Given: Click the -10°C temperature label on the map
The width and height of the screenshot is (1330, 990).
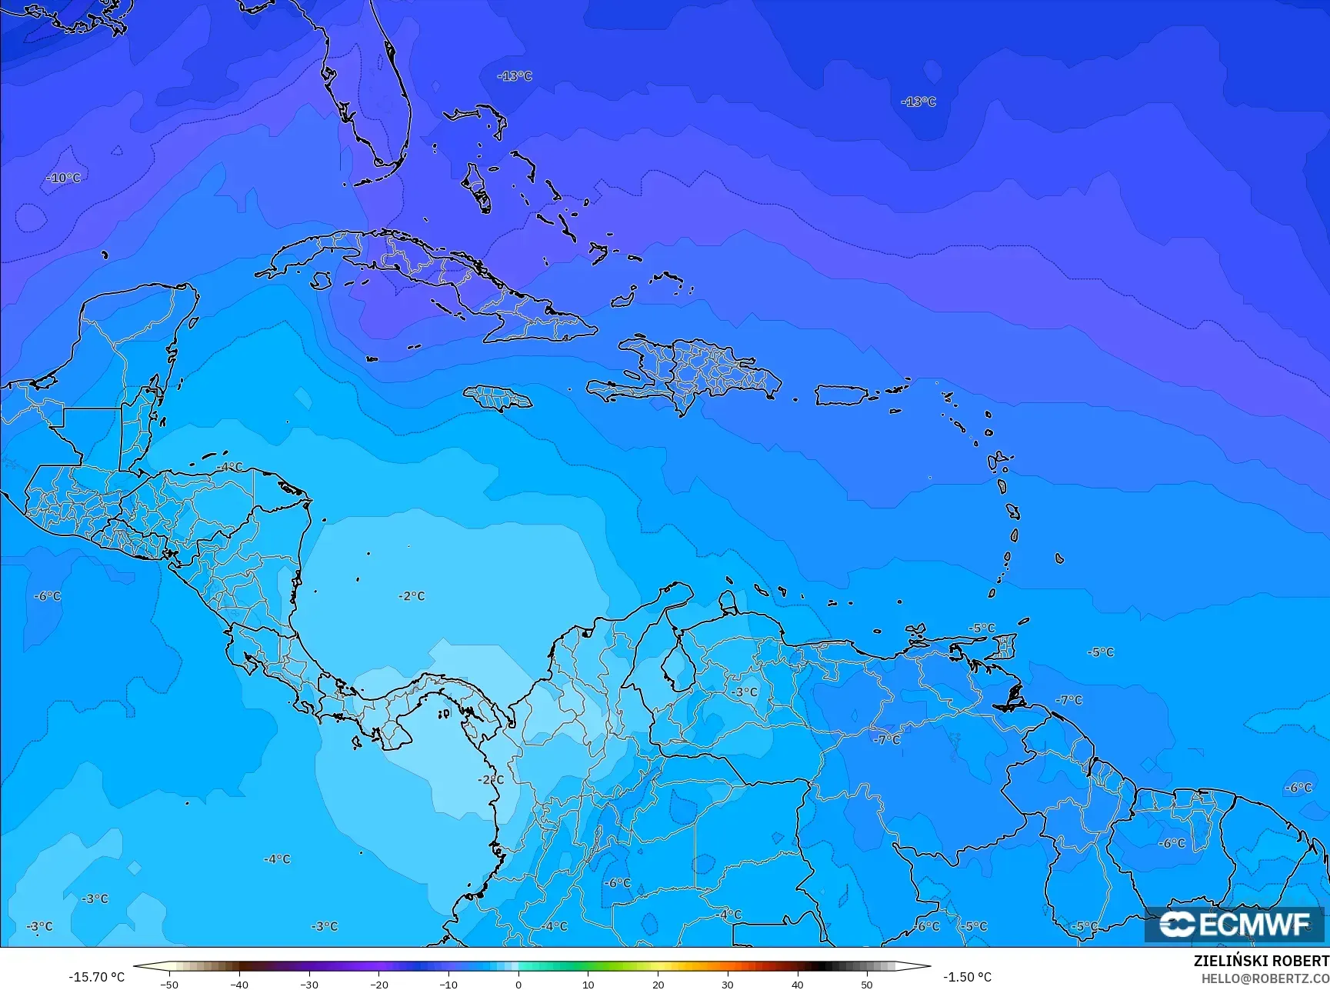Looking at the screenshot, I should click(x=63, y=178).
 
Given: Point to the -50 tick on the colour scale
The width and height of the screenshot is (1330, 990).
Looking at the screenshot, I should click(x=169, y=984).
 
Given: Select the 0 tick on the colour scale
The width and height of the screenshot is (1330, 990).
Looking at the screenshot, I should click(x=518, y=984).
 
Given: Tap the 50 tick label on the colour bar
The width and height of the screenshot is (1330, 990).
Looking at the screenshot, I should click(x=867, y=984).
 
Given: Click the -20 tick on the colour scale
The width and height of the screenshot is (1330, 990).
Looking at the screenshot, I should click(x=378, y=984).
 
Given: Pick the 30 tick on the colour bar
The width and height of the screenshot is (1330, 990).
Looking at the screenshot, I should click(x=728, y=984).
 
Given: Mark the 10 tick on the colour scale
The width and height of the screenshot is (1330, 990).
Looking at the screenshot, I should click(x=588, y=984).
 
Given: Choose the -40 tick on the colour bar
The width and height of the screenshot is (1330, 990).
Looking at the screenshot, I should click(x=239, y=984).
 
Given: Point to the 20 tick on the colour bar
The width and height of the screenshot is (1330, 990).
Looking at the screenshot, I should click(x=658, y=984).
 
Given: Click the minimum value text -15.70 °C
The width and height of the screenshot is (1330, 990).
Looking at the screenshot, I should click(x=96, y=977).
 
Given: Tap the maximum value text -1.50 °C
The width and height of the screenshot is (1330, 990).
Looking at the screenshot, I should click(x=967, y=977).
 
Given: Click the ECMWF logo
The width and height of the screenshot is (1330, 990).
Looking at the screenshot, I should click(x=1235, y=924).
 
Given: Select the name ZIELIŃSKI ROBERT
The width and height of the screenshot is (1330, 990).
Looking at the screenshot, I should click(x=1261, y=961).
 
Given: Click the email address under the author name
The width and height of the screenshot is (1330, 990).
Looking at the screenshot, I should click(x=1265, y=978).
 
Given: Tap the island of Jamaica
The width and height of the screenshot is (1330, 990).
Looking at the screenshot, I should click(x=498, y=398).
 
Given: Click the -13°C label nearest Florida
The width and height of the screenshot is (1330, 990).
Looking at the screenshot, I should click(x=515, y=76).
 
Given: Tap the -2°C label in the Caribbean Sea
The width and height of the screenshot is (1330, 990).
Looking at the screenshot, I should click(x=412, y=596).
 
